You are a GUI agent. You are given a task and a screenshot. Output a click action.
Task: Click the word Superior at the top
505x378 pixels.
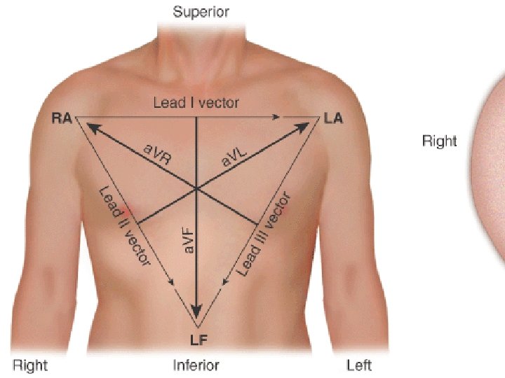pyautogui.click(x=201, y=12)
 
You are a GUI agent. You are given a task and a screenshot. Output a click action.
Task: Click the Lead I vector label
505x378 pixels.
pyautogui.click(x=196, y=103)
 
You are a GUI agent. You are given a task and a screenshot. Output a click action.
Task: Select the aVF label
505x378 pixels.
pyautogui.click(x=188, y=239)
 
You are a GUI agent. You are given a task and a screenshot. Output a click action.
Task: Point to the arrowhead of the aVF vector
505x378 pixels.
pyautogui.click(x=197, y=311)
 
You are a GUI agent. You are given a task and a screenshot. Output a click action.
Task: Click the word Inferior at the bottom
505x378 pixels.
pyautogui.click(x=196, y=365)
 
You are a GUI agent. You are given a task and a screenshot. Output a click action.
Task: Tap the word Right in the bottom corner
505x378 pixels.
pyautogui.click(x=30, y=365)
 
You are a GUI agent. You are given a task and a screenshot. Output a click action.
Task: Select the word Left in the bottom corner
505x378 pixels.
pyautogui.click(x=359, y=365)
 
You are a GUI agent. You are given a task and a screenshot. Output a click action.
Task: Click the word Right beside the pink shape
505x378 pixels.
pyautogui.click(x=439, y=141)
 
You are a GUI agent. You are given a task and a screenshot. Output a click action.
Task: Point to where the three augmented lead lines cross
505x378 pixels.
pyautogui.click(x=196, y=188)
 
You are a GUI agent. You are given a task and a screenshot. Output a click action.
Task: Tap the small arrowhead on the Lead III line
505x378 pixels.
pyautogui.click(x=224, y=281)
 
